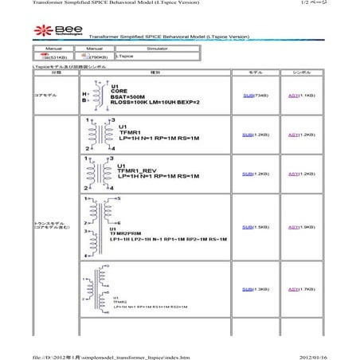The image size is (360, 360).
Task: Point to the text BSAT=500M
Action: coord(131,97)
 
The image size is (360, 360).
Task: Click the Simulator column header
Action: coord(152,49)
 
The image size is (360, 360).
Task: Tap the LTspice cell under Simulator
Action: coord(124,57)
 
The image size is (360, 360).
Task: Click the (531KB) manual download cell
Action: coord(55,57)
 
